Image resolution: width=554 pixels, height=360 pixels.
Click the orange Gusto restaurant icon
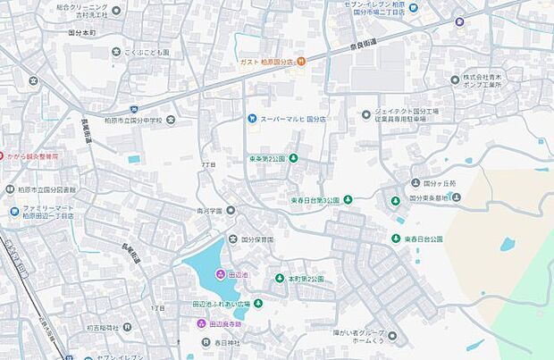(301, 61)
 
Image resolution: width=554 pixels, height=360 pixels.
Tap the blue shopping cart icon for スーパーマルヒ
(252, 118)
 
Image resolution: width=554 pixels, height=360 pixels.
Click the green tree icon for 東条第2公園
(293, 159)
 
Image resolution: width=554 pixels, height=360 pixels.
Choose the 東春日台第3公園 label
(315, 200)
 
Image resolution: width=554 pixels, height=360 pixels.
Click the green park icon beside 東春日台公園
(395, 239)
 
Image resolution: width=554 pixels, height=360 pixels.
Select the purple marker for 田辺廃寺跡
(202, 322)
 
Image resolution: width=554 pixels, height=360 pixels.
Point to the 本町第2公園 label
(306, 279)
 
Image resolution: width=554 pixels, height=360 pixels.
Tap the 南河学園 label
(210, 211)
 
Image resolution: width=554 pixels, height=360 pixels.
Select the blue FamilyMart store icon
(15, 212)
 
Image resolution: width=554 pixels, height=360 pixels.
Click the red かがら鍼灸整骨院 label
(32, 155)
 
